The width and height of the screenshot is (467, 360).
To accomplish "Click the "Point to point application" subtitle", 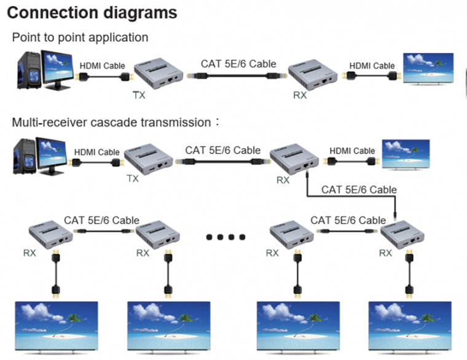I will point(80,37).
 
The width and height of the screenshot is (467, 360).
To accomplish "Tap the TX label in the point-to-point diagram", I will point(139,95).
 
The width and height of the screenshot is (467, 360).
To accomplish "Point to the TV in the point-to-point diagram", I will point(428,71).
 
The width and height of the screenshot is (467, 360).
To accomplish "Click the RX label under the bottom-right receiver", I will point(386,253).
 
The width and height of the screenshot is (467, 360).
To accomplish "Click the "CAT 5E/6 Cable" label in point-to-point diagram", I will point(239,63).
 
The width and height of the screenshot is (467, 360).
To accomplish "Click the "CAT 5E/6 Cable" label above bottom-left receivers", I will point(101,220).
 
